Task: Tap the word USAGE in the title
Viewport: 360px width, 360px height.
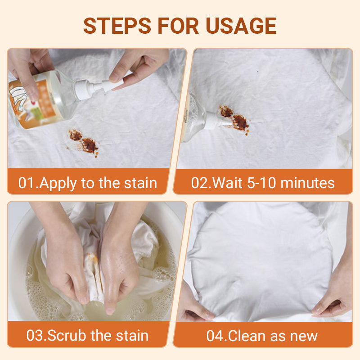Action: click(x=242, y=26)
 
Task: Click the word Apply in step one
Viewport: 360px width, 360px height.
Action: click(x=60, y=183)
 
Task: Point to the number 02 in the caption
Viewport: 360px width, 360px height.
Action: click(x=199, y=183)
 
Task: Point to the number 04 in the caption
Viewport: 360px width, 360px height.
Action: click(x=216, y=336)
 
